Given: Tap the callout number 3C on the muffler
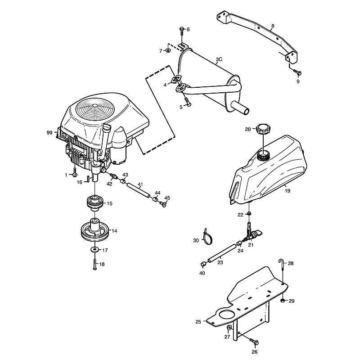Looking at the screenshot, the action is click(x=219, y=59).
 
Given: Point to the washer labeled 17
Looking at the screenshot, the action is click(x=94, y=249).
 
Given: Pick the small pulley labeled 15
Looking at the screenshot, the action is click(x=94, y=203).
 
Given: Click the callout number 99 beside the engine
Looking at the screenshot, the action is click(x=49, y=132).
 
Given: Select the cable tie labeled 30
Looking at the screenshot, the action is click(x=208, y=237).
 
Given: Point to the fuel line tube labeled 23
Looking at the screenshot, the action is click(x=221, y=253).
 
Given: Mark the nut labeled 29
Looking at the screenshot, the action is click(x=283, y=301).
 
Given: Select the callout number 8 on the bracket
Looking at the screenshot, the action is click(x=273, y=26).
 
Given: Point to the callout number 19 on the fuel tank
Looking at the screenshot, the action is click(x=288, y=190).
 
